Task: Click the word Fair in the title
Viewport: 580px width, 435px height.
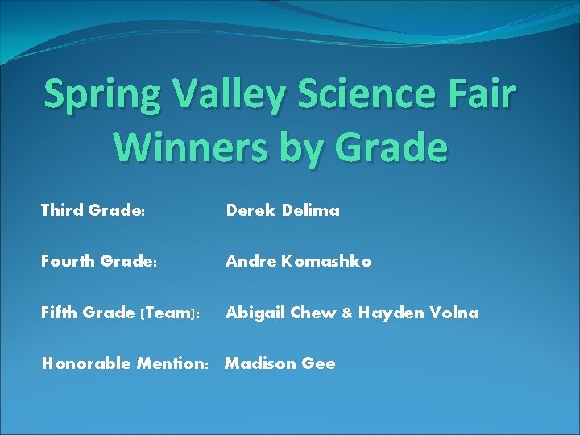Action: (483, 94)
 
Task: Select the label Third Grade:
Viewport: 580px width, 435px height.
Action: (93, 211)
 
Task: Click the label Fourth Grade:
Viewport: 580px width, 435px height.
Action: (98, 261)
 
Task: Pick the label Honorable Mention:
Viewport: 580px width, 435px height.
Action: (124, 364)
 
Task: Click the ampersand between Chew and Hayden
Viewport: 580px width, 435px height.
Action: (347, 313)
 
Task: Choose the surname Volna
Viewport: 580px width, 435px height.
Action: (453, 313)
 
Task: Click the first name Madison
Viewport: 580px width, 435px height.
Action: (260, 364)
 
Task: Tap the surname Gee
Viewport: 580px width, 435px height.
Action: (319, 364)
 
